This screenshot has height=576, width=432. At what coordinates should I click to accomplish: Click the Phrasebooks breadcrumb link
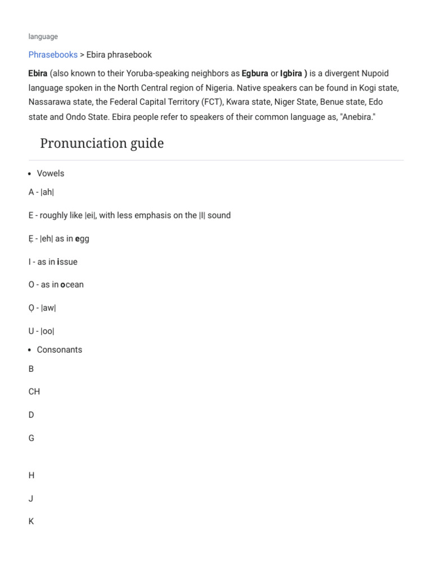pos(53,55)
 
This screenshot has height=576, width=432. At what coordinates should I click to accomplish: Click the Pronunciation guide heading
pos(102,143)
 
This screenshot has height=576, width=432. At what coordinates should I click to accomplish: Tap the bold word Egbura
pos(255,73)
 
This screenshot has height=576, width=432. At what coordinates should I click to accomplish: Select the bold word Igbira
pos(291,73)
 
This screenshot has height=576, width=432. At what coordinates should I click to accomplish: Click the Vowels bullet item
pos(51,173)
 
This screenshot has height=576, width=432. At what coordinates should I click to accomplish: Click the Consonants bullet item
pos(59,349)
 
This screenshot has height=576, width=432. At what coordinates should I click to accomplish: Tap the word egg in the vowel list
pos(82,238)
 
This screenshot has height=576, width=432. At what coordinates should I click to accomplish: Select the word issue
pos(67,262)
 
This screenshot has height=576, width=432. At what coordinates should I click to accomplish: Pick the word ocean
pos(72,285)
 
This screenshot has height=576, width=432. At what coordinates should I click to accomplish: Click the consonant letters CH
pos(34,391)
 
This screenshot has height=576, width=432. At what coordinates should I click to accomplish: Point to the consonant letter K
pos(31,521)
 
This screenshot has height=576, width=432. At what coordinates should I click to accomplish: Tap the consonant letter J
pos(31,498)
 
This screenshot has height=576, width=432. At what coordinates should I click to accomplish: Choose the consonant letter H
pos(31,475)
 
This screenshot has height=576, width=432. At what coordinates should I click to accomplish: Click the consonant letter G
pos(31,438)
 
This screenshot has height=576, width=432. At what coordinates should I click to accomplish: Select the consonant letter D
pos(31,415)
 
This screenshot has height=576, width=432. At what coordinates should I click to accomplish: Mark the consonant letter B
pos(31,368)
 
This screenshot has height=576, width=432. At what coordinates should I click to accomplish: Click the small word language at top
pos(43,37)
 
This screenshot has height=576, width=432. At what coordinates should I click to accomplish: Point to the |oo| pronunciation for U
pos(47,331)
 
